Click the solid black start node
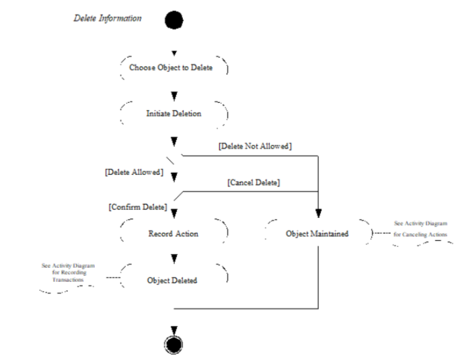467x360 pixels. (x=174, y=20)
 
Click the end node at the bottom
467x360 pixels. (x=174, y=345)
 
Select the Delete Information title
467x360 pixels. (x=108, y=18)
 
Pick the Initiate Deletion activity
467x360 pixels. (x=174, y=114)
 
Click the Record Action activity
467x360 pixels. (x=174, y=233)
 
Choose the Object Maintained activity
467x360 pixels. (x=317, y=233)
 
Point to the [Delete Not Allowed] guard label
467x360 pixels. (x=255, y=146)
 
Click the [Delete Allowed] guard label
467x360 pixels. (x=134, y=172)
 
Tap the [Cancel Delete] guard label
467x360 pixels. (x=254, y=182)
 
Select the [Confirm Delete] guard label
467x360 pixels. (x=138, y=207)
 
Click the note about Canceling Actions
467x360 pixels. (x=421, y=229)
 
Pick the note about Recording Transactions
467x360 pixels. (x=68, y=273)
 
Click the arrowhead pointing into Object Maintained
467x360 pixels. (x=318, y=213)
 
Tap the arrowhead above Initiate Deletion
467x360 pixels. (x=174, y=96)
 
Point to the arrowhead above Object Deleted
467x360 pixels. (x=174, y=259)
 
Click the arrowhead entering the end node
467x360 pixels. (x=174, y=331)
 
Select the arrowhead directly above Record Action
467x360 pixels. (x=174, y=213)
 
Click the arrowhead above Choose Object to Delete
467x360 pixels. (x=174, y=53)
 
